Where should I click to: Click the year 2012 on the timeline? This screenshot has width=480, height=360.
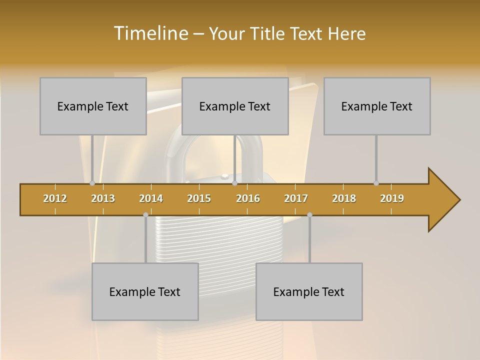(x=55, y=198)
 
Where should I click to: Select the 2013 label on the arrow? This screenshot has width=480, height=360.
(x=103, y=198)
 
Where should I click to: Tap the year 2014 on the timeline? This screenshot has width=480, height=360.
(x=151, y=198)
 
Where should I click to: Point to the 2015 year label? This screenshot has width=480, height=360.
(x=199, y=198)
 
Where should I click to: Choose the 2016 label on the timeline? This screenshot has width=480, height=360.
(x=248, y=198)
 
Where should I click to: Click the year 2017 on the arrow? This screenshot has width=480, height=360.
(x=296, y=198)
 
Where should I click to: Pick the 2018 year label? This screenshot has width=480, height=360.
(x=344, y=198)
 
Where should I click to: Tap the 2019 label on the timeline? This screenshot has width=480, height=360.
(x=392, y=198)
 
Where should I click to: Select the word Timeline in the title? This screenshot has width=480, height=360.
(x=150, y=33)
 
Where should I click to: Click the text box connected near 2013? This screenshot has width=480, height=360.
(x=93, y=106)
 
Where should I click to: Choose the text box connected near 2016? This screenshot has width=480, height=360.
(x=235, y=106)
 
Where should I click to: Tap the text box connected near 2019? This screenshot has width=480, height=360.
(x=377, y=106)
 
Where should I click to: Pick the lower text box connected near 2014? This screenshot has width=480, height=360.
(x=145, y=291)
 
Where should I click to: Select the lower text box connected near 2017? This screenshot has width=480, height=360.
(x=309, y=291)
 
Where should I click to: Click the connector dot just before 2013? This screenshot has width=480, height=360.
(x=92, y=183)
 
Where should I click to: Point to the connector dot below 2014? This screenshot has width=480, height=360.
(x=145, y=214)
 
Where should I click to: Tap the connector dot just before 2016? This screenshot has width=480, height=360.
(x=234, y=183)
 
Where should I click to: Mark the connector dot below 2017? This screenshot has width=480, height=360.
(x=309, y=214)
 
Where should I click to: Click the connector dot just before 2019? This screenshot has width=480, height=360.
(x=376, y=183)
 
